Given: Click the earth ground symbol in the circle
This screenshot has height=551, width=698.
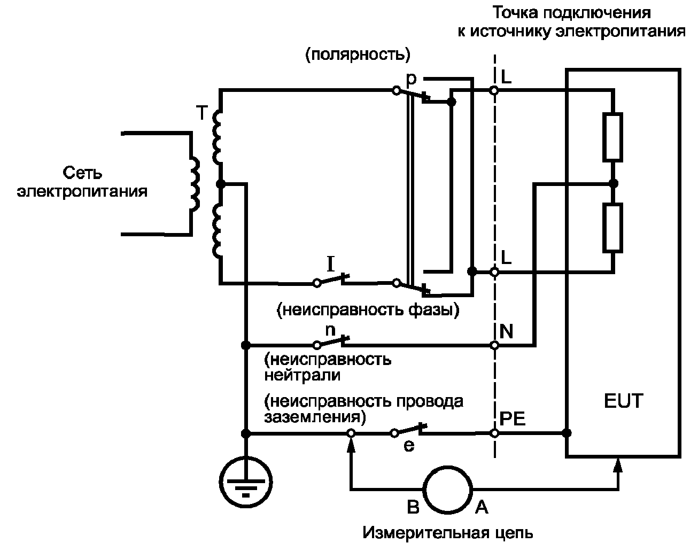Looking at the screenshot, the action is (x=246, y=482).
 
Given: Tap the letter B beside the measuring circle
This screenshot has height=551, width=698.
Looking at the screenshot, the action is (x=413, y=507).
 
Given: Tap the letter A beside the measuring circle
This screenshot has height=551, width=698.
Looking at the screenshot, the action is (x=482, y=507).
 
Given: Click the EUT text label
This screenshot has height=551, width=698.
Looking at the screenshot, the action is (x=623, y=401).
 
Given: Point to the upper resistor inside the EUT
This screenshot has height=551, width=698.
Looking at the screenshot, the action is (x=612, y=137).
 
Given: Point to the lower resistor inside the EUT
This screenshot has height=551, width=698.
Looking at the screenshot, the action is (x=612, y=228).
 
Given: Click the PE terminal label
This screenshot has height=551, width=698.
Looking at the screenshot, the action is (x=512, y=418).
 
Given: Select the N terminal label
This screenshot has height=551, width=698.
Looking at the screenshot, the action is (x=506, y=331).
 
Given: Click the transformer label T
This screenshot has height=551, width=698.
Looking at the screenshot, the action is (x=201, y=113).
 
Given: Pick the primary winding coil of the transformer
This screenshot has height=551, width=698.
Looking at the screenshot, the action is (x=195, y=184).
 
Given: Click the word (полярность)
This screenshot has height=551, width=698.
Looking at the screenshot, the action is (x=358, y=55).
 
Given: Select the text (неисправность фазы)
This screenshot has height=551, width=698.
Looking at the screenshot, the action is (x=368, y=310).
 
